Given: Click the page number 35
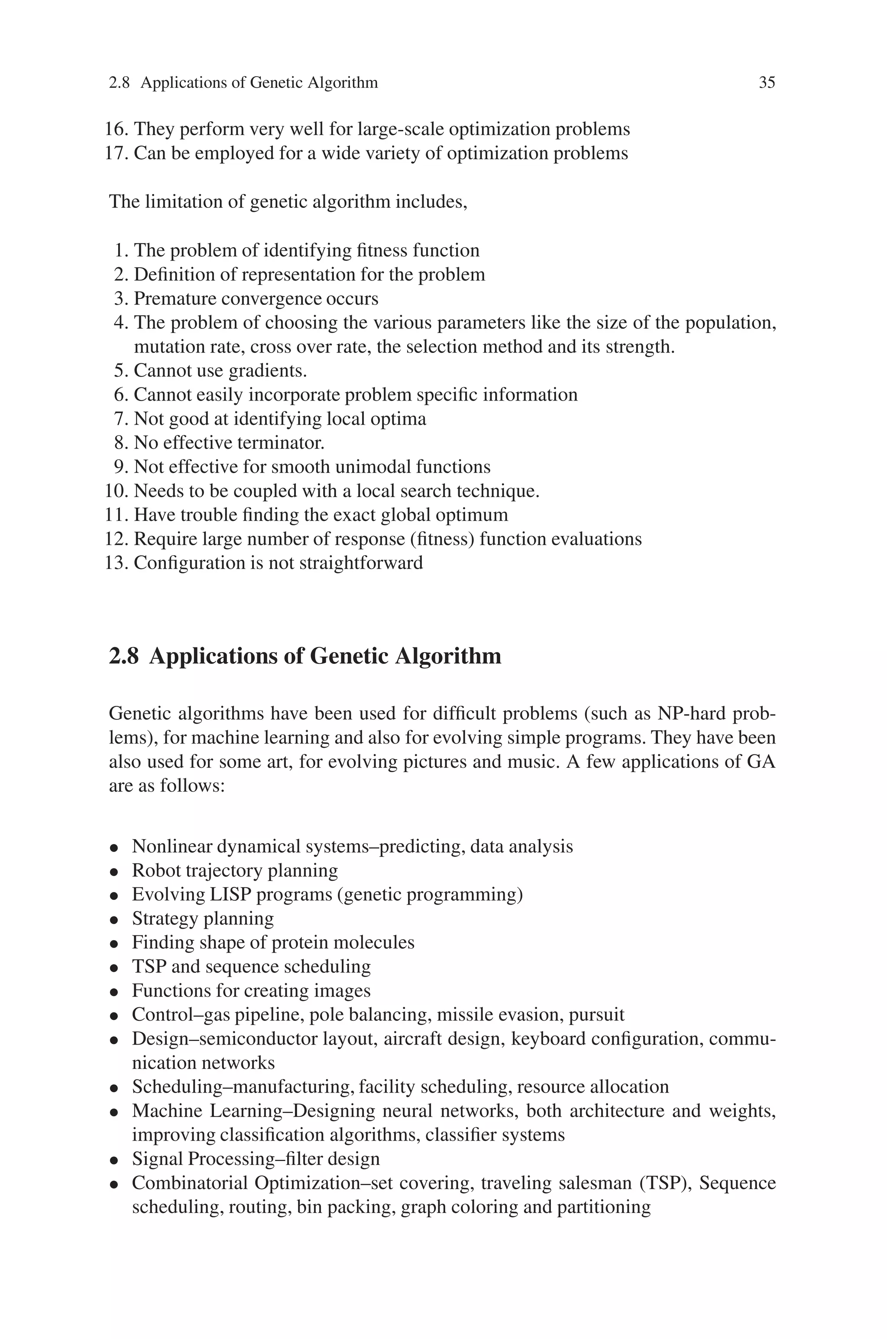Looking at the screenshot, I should click(x=767, y=83).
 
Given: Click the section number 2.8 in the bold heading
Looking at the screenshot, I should click(x=123, y=657).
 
